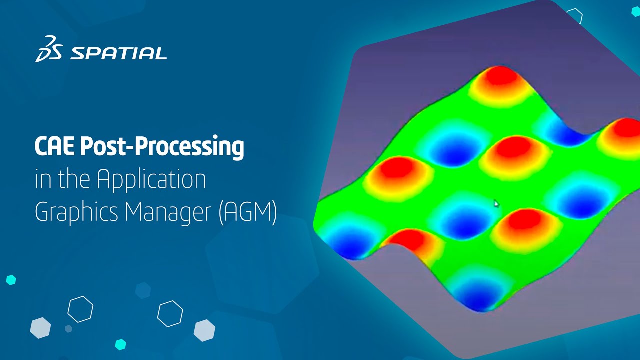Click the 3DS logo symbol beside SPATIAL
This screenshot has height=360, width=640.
[x=48, y=49]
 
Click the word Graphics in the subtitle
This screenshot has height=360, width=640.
[x=77, y=212]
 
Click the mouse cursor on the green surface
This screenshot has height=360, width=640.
[x=496, y=203]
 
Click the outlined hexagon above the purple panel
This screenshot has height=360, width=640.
[x=575, y=16]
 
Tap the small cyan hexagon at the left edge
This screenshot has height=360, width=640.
[x=11, y=280]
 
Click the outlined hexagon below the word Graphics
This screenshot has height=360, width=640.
[x=80, y=309]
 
